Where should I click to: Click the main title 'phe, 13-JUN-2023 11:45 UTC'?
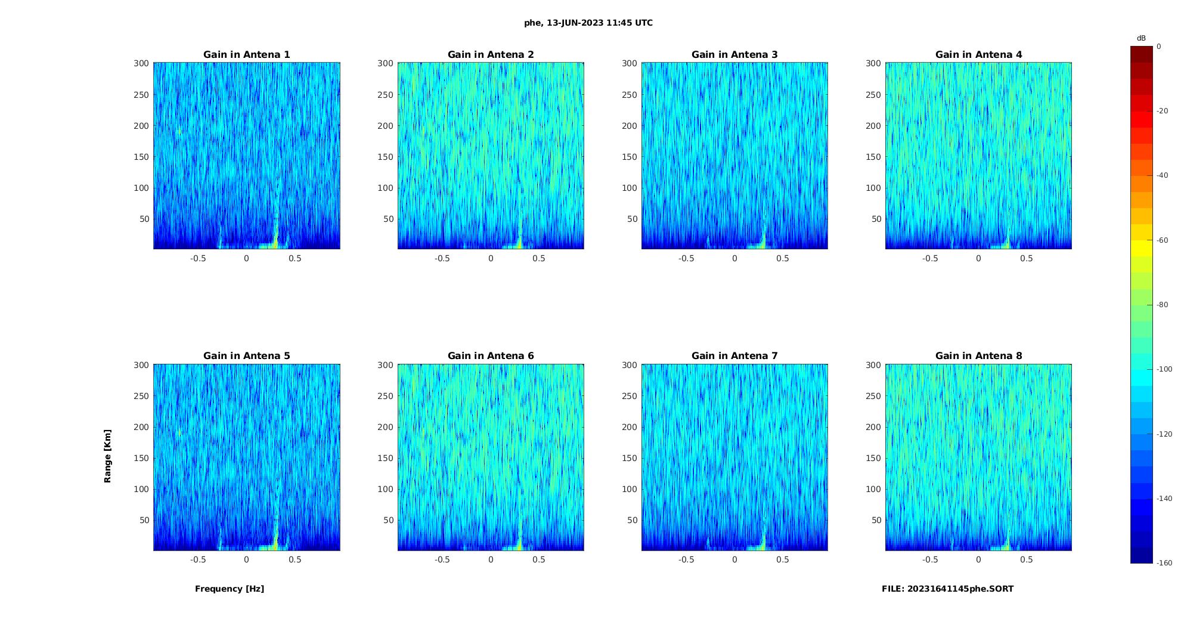[x=588, y=23]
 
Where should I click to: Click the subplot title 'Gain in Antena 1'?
[x=247, y=55]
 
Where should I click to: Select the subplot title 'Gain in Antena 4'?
[x=978, y=55]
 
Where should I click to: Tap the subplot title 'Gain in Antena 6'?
[x=491, y=356]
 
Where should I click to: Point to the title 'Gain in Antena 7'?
[x=734, y=356]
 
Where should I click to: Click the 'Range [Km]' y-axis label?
[x=108, y=456]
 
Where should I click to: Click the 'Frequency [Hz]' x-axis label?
[x=230, y=589]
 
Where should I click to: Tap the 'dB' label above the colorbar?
[x=1141, y=38]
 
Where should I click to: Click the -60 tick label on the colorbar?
[x=1163, y=240]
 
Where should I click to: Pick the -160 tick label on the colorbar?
[x=1164, y=563]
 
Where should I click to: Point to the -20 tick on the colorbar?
[x=1163, y=111]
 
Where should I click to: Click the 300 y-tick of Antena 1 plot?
[x=141, y=63]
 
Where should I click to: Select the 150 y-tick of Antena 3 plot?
[x=630, y=157]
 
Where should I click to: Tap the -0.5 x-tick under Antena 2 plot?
[x=442, y=258]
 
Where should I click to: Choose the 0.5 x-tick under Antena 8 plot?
[x=1027, y=559]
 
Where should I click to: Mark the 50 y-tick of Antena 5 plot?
[x=144, y=520]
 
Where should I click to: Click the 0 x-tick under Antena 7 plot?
[x=734, y=559]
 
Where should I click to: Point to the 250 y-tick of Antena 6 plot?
[x=385, y=396]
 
